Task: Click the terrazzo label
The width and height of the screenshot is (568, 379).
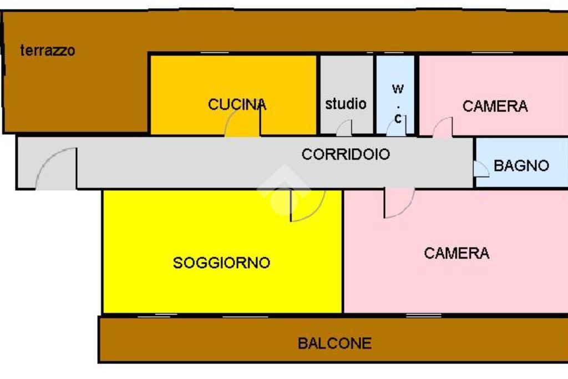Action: (47, 50)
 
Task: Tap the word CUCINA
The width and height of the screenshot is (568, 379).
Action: (237, 104)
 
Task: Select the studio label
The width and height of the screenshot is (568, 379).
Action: (346, 103)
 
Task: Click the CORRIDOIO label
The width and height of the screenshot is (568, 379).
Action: (346, 154)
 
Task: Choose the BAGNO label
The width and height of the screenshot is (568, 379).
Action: (521, 165)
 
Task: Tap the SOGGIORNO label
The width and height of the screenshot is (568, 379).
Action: (221, 262)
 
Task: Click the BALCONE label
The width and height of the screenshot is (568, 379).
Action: (334, 343)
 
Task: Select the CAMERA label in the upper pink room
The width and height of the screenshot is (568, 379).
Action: (495, 106)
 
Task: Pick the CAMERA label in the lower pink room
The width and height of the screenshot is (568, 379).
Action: (457, 254)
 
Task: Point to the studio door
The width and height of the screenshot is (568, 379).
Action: (344, 129)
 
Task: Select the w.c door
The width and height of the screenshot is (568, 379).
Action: (396, 127)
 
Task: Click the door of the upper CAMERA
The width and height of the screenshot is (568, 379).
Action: (443, 127)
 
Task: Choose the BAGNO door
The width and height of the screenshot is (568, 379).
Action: (480, 169)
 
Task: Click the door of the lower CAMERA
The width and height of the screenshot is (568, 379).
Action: (398, 203)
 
